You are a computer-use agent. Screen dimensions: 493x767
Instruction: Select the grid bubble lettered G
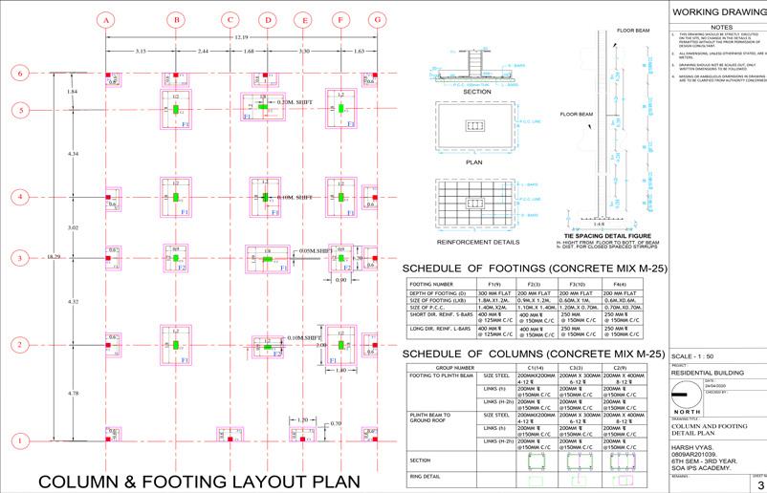click(x=378, y=19)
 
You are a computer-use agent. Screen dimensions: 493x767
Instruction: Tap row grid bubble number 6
click(x=18, y=74)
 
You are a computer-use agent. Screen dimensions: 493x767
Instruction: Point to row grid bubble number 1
click(x=18, y=440)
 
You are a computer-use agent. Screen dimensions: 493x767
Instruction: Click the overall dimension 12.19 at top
click(x=241, y=36)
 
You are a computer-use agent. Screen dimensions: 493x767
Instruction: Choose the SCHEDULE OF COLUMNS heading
click(x=533, y=354)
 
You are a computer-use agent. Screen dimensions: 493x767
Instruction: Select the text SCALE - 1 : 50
click(x=701, y=355)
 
